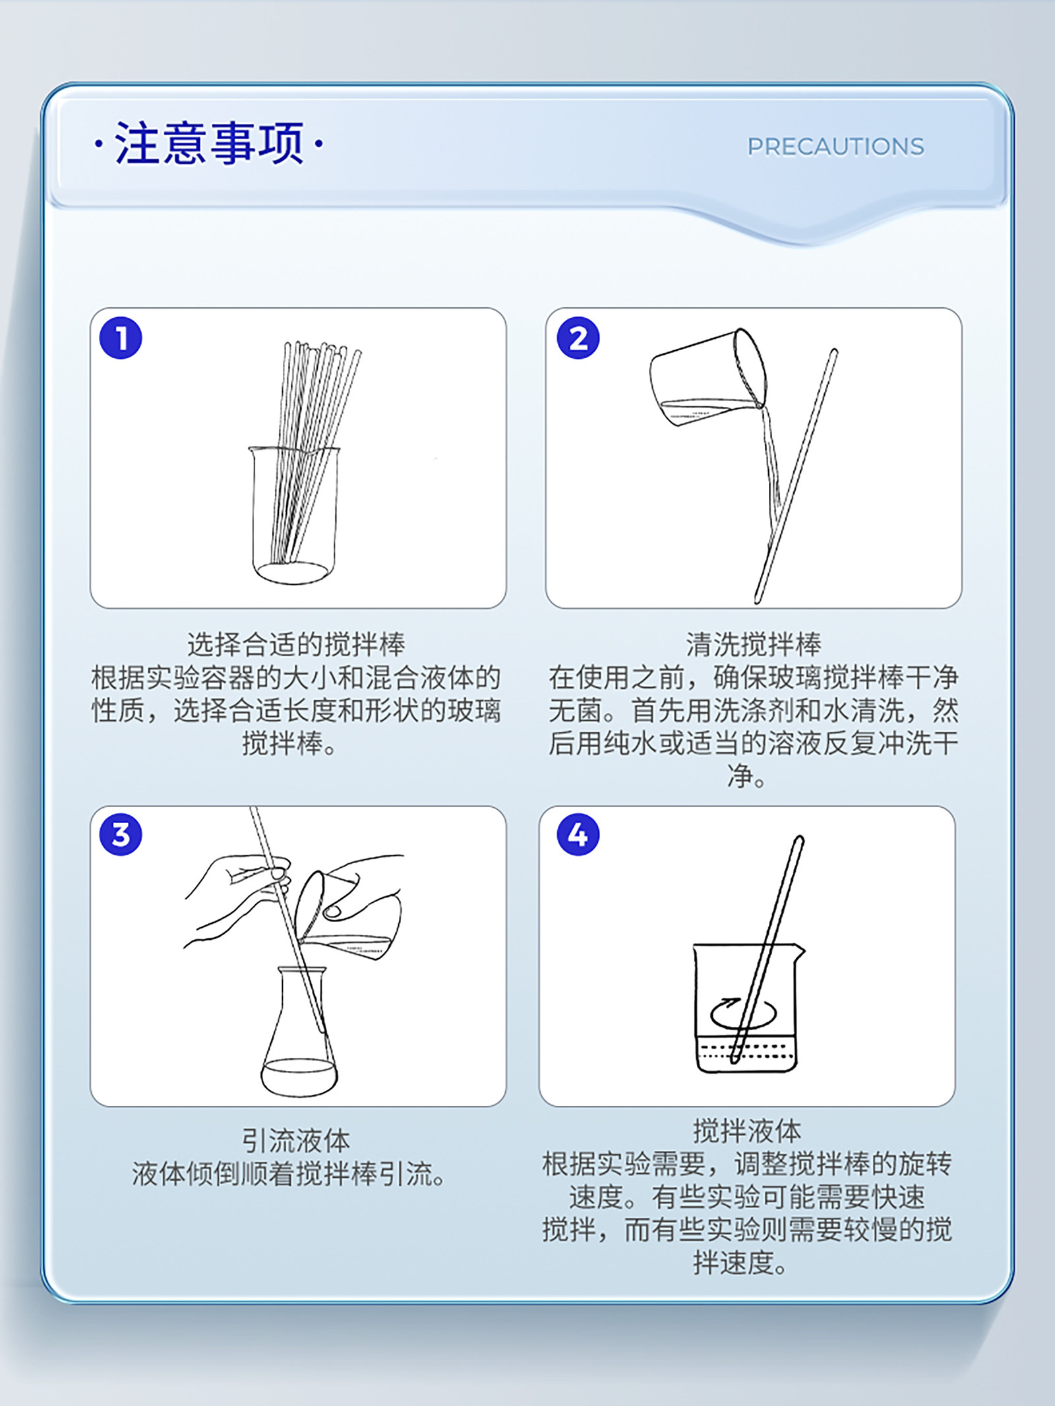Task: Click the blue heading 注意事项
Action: (x=209, y=143)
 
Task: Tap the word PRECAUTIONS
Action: (x=835, y=146)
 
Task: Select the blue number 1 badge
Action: (x=121, y=338)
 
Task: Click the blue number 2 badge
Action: (x=578, y=338)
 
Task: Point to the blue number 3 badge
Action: (x=121, y=834)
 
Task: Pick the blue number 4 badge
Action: (x=578, y=834)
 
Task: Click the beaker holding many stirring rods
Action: (x=294, y=514)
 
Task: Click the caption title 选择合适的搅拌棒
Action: (x=296, y=644)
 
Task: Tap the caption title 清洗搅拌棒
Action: (x=754, y=644)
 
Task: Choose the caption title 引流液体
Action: (x=296, y=1140)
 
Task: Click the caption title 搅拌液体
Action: (x=747, y=1131)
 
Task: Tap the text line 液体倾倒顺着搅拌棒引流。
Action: (x=289, y=1173)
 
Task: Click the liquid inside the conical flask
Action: (x=299, y=1077)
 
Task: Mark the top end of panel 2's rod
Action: (x=834, y=351)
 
